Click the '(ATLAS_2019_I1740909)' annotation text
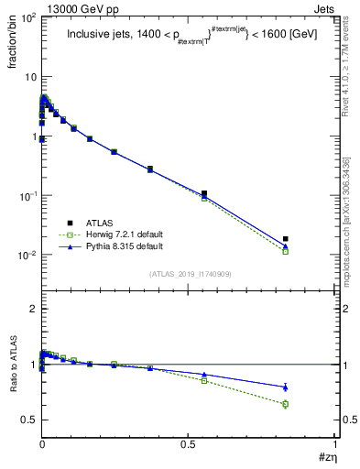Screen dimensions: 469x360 pos(191,274)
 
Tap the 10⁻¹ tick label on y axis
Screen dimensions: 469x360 pos(25,196)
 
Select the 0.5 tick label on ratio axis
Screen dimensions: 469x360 pos(27,420)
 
